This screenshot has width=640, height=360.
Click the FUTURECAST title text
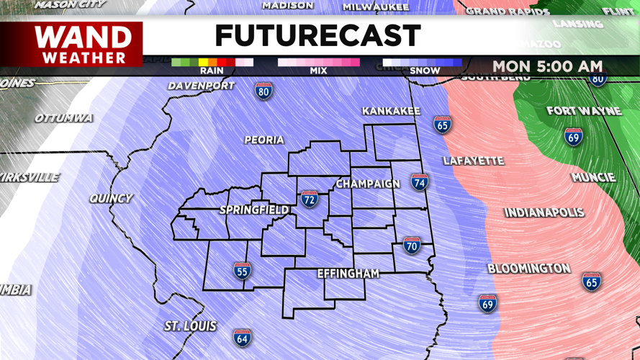point(317,36)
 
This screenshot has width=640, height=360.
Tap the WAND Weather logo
point(84,44)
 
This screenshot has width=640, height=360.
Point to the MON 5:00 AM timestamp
point(547,66)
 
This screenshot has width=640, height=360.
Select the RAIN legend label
point(211,71)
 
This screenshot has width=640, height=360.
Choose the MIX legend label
point(318,71)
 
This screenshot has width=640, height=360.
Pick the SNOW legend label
point(424,71)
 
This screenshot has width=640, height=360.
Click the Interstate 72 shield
point(310,198)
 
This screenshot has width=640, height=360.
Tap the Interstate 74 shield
point(420,181)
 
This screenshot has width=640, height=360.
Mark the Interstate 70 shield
point(412,245)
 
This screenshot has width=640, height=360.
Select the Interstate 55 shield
point(242,271)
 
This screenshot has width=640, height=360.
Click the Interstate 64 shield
point(243,337)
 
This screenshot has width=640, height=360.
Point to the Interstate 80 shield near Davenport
point(263,91)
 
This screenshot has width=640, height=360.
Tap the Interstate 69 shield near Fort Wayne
point(573,136)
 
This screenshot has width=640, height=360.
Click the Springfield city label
point(253,210)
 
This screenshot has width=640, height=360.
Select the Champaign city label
point(367,184)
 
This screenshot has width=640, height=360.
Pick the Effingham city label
point(348,274)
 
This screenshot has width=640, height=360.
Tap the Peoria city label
point(263,140)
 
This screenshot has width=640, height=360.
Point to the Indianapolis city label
point(544,212)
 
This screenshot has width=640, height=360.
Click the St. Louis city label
point(190,326)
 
